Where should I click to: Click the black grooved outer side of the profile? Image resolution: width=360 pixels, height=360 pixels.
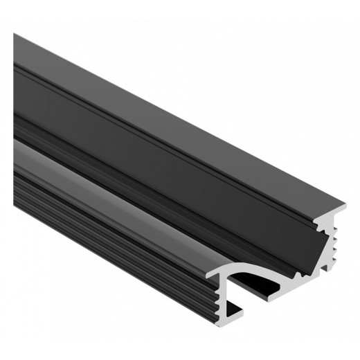[104, 228]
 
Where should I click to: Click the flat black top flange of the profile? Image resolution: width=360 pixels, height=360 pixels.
[173, 111]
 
